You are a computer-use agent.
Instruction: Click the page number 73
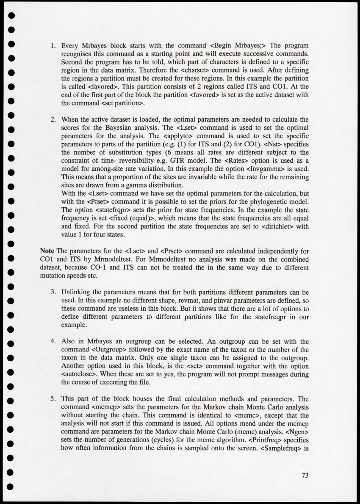pos(305,475)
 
